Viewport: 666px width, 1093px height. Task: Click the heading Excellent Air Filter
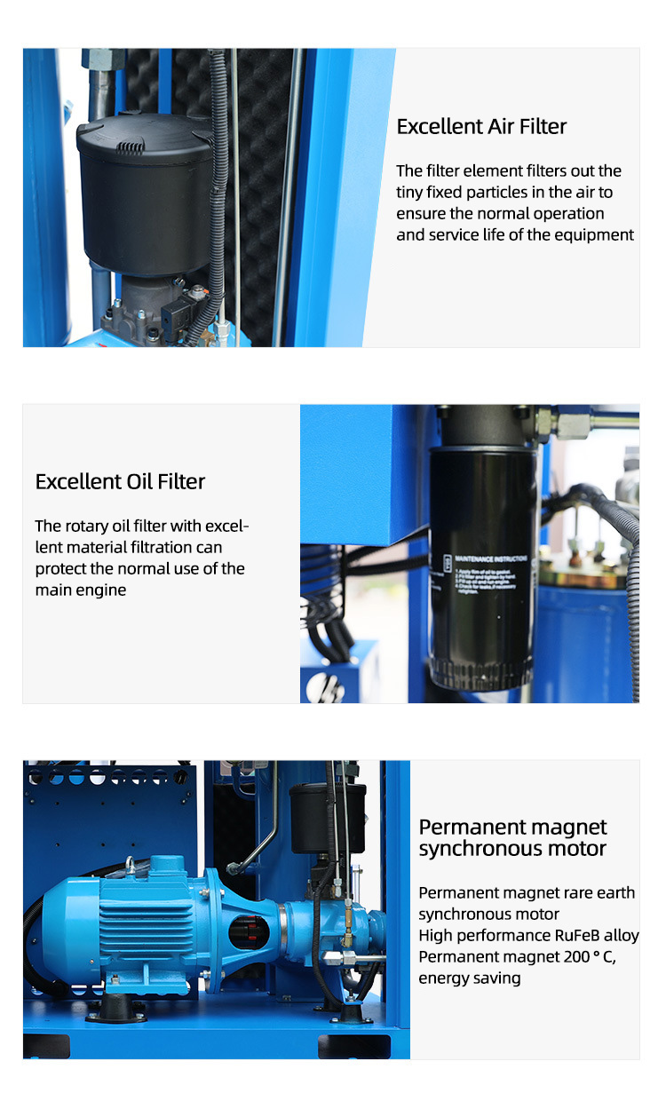click(481, 127)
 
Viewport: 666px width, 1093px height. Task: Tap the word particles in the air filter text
click(553, 193)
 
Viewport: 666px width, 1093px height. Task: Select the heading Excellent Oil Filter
click(120, 482)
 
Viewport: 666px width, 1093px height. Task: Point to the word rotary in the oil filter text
click(91, 527)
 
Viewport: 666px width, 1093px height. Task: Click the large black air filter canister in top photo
click(147, 195)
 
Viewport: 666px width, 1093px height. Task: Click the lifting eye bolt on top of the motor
click(130, 865)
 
